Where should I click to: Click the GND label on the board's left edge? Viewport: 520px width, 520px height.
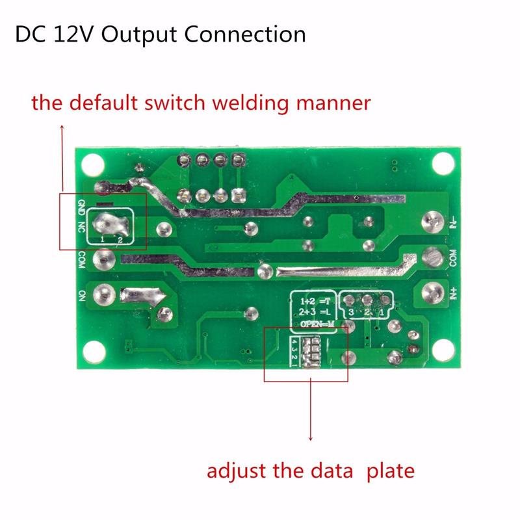point(81,208)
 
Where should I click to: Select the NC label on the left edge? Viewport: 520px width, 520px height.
point(81,227)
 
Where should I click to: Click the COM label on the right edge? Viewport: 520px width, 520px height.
point(453,258)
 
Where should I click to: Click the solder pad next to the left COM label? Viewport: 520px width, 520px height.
point(102,260)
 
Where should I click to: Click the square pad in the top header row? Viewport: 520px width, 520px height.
point(238,159)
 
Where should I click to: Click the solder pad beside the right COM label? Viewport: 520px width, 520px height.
point(432,258)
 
